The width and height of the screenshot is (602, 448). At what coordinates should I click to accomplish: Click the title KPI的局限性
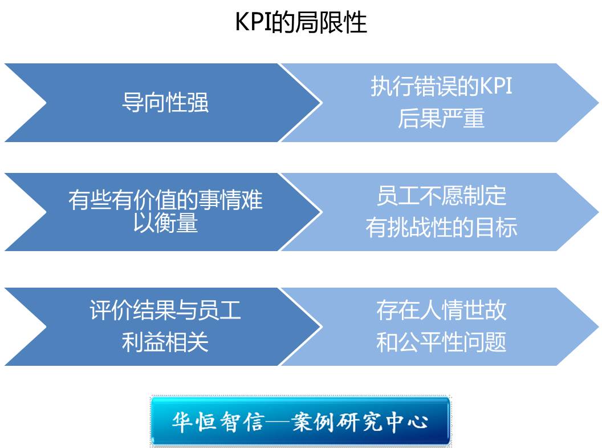click(x=301, y=22)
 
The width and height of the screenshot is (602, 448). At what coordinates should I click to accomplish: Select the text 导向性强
click(x=165, y=103)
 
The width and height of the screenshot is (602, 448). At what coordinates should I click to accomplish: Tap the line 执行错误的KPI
click(x=441, y=86)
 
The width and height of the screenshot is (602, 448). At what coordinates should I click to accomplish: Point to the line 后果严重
click(x=441, y=118)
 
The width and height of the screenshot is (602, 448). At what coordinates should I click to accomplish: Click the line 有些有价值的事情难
click(x=165, y=200)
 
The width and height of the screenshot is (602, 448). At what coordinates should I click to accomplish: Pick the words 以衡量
click(x=165, y=223)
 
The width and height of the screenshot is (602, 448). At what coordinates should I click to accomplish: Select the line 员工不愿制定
click(x=441, y=196)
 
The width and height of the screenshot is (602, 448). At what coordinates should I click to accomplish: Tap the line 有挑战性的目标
click(x=441, y=227)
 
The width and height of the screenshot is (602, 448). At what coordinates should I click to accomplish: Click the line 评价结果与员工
click(x=165, y=310)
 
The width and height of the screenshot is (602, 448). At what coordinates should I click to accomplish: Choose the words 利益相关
click(x=165, y=342)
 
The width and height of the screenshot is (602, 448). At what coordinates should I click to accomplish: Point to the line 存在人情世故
click(x=441, y=310)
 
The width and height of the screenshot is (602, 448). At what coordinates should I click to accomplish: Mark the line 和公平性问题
click(x=441, y=342)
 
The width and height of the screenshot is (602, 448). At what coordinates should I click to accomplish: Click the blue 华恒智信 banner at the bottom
click(x=300, y=421)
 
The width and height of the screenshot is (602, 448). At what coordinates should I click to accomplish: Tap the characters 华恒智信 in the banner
click(x=218, y=422)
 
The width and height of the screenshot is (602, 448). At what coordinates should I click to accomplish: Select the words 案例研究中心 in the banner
click(x=360, y=422)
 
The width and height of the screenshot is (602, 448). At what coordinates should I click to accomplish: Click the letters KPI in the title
click(x=253, y=22)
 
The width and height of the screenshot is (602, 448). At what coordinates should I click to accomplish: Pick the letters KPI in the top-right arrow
click(x=496, y=86)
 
